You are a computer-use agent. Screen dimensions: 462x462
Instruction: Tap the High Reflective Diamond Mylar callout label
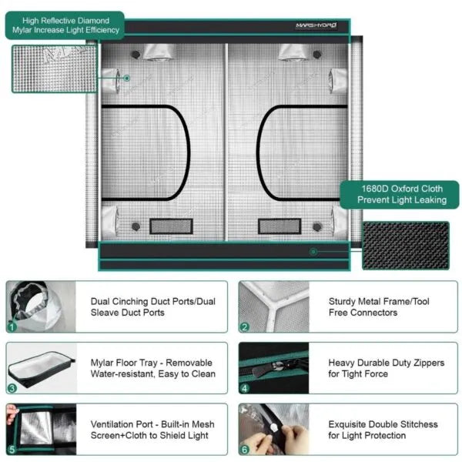[67, 25]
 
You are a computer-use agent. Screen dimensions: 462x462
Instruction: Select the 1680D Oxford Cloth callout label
[401, 194]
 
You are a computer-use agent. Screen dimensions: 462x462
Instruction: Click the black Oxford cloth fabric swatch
[405, 245]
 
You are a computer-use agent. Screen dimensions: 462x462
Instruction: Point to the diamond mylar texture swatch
[54, 69]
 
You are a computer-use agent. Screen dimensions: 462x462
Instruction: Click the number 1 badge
[12, 326]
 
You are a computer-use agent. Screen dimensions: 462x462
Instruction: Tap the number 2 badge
[244, 326]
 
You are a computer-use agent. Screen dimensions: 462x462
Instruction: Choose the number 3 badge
[12, 388]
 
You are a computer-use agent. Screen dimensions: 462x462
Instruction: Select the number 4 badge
[244, 388]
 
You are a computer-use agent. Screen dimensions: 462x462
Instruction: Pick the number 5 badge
[12, 449]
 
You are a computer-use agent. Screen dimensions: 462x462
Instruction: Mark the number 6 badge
[244, 449]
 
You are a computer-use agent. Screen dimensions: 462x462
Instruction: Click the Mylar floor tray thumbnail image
[42, 368]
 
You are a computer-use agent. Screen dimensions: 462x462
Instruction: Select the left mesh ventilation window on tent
[171, 226]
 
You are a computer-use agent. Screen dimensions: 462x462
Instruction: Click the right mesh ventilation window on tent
[279, 226]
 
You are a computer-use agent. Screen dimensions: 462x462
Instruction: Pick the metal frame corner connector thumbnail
[273, 306]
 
